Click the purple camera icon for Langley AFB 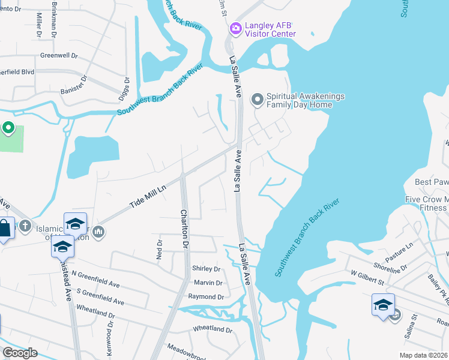(235, 28)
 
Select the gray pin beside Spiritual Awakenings (258, 100)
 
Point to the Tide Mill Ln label (148, 196)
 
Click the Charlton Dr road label (184, 229)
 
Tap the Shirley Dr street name (206, 269)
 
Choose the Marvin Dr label (208, 283)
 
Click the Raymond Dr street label (206, 297)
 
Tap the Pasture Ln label (401, 253)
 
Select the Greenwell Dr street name (59, 55)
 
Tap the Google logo (20, 353)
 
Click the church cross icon (24, 226)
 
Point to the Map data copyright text (423, 355)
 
